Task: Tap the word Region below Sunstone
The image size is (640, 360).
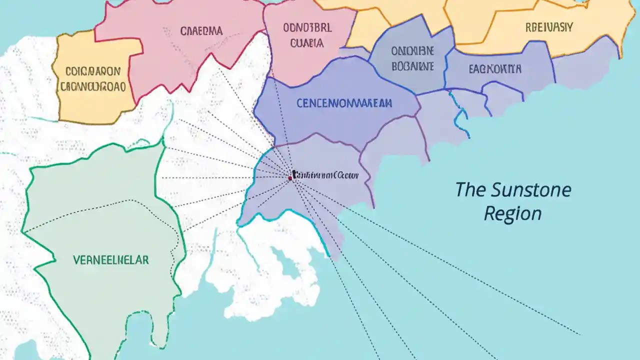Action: [512, 214]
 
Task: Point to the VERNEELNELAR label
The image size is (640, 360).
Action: [110, 260]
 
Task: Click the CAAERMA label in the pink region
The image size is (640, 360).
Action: [202, 31]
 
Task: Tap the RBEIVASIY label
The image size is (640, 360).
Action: [549, 27]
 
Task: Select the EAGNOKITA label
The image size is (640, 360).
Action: [495, 69]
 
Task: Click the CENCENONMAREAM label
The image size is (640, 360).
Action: [344, 103]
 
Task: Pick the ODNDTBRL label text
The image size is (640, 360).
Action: [307, 28]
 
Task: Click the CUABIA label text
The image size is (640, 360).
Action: [306, 43]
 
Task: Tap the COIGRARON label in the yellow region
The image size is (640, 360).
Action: [93, 71]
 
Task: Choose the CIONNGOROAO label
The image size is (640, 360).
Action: [93, 86]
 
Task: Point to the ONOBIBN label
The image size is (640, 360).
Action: [412, 51]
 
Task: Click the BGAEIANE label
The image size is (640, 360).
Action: [412, 66]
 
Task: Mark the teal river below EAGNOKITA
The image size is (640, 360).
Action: [460, 112]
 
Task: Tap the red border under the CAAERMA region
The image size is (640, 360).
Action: [165, 88]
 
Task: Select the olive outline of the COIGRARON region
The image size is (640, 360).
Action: [58, 80]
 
